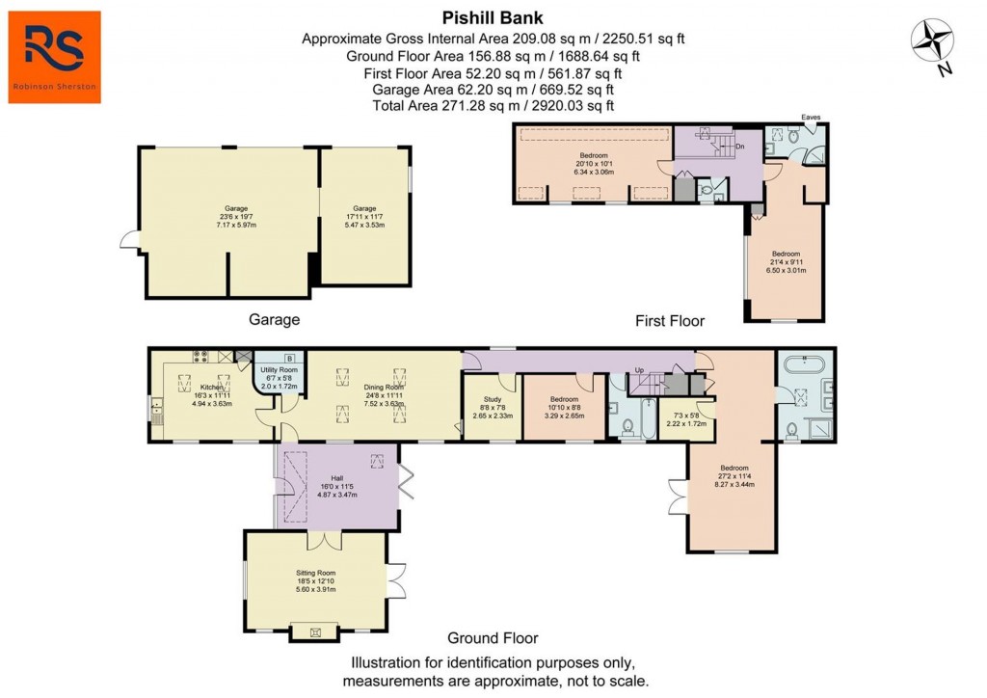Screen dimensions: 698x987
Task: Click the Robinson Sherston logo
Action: click(x=55, y=56)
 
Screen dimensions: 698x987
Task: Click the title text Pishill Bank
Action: click(x=493, y=17)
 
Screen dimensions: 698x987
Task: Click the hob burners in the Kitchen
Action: click(x=202, y=356)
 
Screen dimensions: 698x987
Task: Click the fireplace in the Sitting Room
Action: click(x=314, y=631)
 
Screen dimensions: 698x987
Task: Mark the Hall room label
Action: click(x=336, y=478)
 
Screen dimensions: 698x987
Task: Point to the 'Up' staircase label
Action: click(x=639, y=370)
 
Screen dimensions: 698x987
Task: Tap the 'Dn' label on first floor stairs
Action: click(x=740, y=147)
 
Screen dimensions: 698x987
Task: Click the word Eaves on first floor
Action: click(x=811, y=118)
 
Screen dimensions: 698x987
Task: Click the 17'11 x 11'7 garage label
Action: click(x=363, y=217)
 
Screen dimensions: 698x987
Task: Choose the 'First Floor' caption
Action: click(x=670, y=320)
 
